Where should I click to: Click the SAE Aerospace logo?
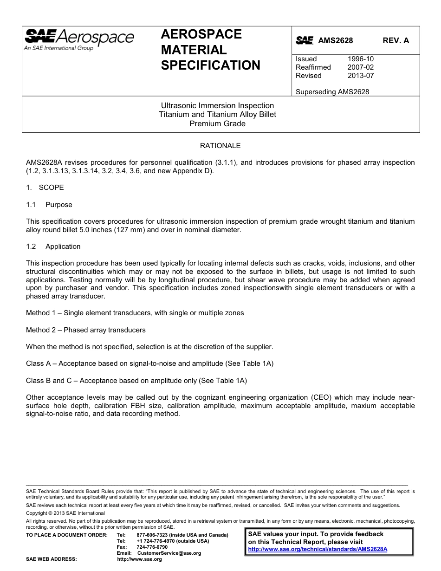point(79,39)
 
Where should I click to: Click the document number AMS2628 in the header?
point(335,41)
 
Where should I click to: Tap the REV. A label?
point(396,41)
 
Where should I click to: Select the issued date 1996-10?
point(360,59)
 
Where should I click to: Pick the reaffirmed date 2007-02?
point(360,67)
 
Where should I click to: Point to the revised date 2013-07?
point(360,76)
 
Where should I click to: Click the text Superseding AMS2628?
point(332,92)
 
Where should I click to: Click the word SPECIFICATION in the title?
point(210,65)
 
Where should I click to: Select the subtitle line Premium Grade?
point(217,123)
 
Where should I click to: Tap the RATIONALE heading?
point(220,146)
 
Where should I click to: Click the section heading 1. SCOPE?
point(45,188)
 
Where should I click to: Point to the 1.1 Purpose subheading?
point(49,205)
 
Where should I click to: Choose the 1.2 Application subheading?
point(53,247)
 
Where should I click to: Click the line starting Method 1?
point(135,313)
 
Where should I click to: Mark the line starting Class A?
point(149,363)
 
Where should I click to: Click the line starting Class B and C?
point(136,381)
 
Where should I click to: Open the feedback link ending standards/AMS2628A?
point(318,549)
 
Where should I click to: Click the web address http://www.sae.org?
point(139,559)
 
